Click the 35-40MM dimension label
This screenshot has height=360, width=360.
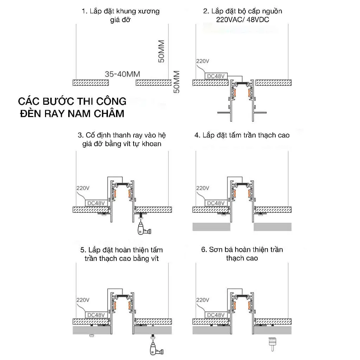tap(122, 74)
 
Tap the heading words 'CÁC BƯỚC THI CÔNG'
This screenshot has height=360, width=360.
tap(72, 102)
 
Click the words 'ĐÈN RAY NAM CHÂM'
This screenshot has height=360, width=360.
tap(72, 114)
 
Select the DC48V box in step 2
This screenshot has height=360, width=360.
tap(216, 76)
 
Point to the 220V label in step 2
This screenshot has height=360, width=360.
tap(202, 61)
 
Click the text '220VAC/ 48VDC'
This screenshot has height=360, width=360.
tap(243, 20)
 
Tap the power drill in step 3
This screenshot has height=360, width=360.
tap(143, 230)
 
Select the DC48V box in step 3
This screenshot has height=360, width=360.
tap(96, 203)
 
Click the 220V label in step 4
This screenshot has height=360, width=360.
tap(202, 188)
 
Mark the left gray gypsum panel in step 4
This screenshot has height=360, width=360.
tap(211, 226)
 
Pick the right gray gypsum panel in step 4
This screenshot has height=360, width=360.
tap(272, 226)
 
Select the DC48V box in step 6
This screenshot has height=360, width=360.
tap(216, 315)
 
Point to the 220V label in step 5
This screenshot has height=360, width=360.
tap(83, 300)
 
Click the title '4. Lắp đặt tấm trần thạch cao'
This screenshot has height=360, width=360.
tap(242, 135)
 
